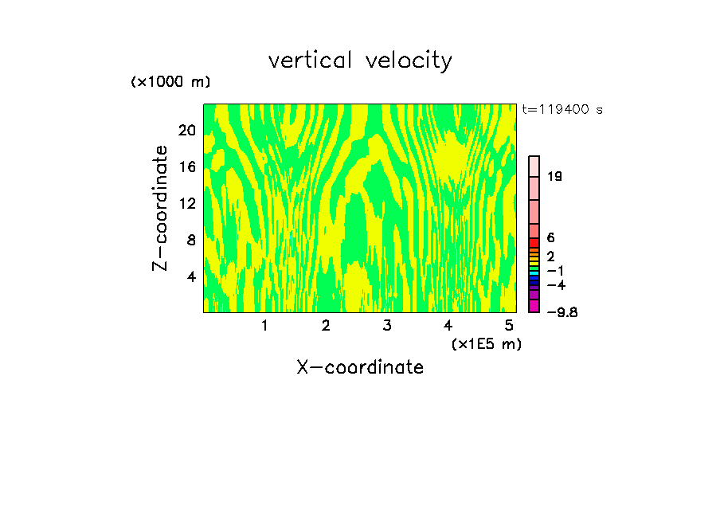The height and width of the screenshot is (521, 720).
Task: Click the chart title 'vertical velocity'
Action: [360, 61]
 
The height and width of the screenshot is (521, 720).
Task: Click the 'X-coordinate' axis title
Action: [360, 367]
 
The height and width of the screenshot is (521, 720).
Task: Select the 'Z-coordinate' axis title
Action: [161, 208]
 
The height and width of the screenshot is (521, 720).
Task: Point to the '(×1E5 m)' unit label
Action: [487, 343]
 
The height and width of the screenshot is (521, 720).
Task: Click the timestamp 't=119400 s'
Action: [562, 109]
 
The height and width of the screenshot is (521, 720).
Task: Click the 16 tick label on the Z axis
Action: [187, 166]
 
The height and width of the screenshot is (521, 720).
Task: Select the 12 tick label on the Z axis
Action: [187, 203]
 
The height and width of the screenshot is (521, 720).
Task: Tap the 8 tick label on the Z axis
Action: [191, 240]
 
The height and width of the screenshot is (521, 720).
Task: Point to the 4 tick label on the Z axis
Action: [191, 276]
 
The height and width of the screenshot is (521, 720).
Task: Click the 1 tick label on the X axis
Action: [264, 326]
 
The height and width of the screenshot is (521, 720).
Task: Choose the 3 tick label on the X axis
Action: [387, 326]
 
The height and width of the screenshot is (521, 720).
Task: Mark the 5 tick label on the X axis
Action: [509, 326]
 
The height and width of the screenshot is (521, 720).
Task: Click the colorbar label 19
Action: [554, 177]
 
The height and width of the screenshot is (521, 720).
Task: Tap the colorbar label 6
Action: [550, 238]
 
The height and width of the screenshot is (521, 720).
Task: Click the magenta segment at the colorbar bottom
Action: [534, 306]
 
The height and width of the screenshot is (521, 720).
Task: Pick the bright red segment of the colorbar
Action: [534, 243]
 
